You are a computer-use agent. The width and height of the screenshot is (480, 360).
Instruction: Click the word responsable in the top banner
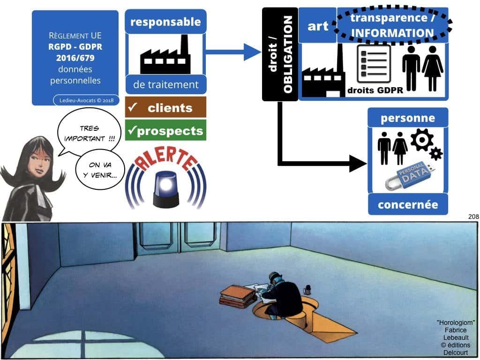pyautogui.click(x=165, y=22)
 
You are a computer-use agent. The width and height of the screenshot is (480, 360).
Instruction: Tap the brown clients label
pyautogui.click(x=165, y=108)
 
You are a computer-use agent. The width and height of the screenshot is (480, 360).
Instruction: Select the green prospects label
pyautogui.click(x=165, y=131)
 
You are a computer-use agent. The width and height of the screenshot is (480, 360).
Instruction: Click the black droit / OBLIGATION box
pyautogui.click(x=280, y=54)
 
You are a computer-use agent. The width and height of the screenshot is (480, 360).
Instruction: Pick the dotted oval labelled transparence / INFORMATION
pyautogui.click(x=392, y=26)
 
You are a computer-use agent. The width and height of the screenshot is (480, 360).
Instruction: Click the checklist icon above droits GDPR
pyautogui.click(x=374, y=64)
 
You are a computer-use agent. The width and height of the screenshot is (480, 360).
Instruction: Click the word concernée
pyautogui.click(x=408, y=205)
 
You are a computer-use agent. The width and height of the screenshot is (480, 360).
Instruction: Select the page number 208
pyautogui.click(x=473, y=217)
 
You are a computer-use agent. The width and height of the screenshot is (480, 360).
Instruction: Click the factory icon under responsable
pyautogui.click(x=165, y=56)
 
